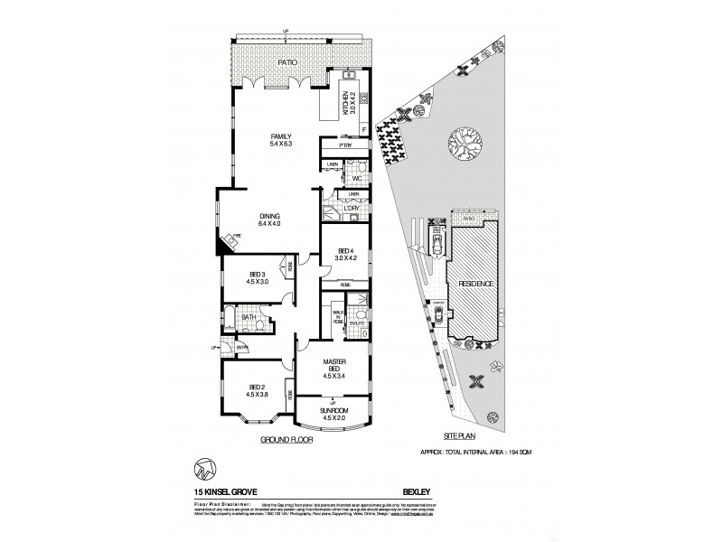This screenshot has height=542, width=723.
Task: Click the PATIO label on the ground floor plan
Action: pos(286,62)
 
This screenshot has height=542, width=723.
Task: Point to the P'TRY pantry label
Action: pos(343,145)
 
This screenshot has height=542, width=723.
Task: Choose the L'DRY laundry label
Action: pos(350,209)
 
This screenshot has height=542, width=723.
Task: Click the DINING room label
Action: pos(269,217)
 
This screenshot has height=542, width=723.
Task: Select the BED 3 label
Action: pos(257,275)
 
